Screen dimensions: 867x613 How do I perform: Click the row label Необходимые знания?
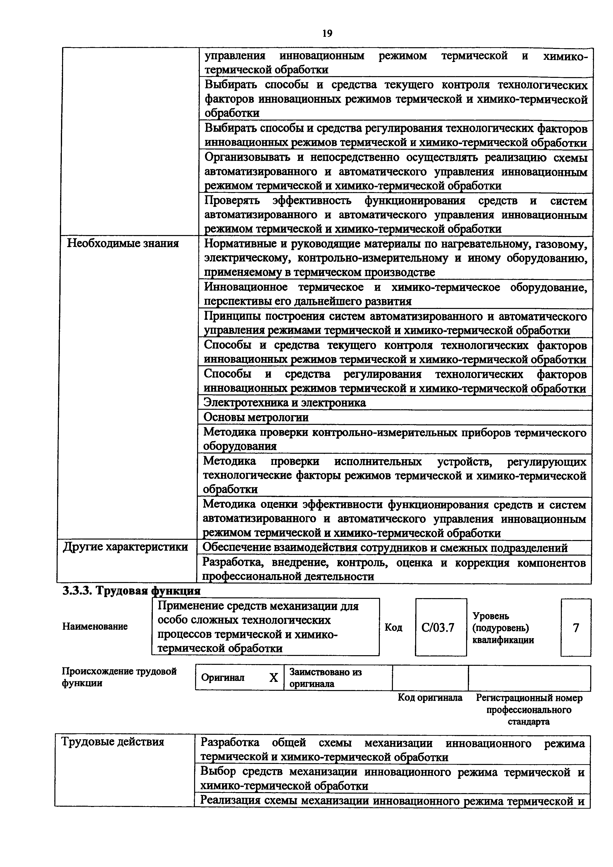(x=123, y=243)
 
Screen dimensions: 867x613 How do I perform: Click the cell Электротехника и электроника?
(x=284, y=403)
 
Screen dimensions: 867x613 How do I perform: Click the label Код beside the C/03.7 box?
(x=393, y=628)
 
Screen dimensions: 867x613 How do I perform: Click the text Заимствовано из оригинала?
(x=325, y=678)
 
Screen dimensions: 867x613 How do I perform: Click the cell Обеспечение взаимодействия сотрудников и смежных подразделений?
(x=385, y=547)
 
